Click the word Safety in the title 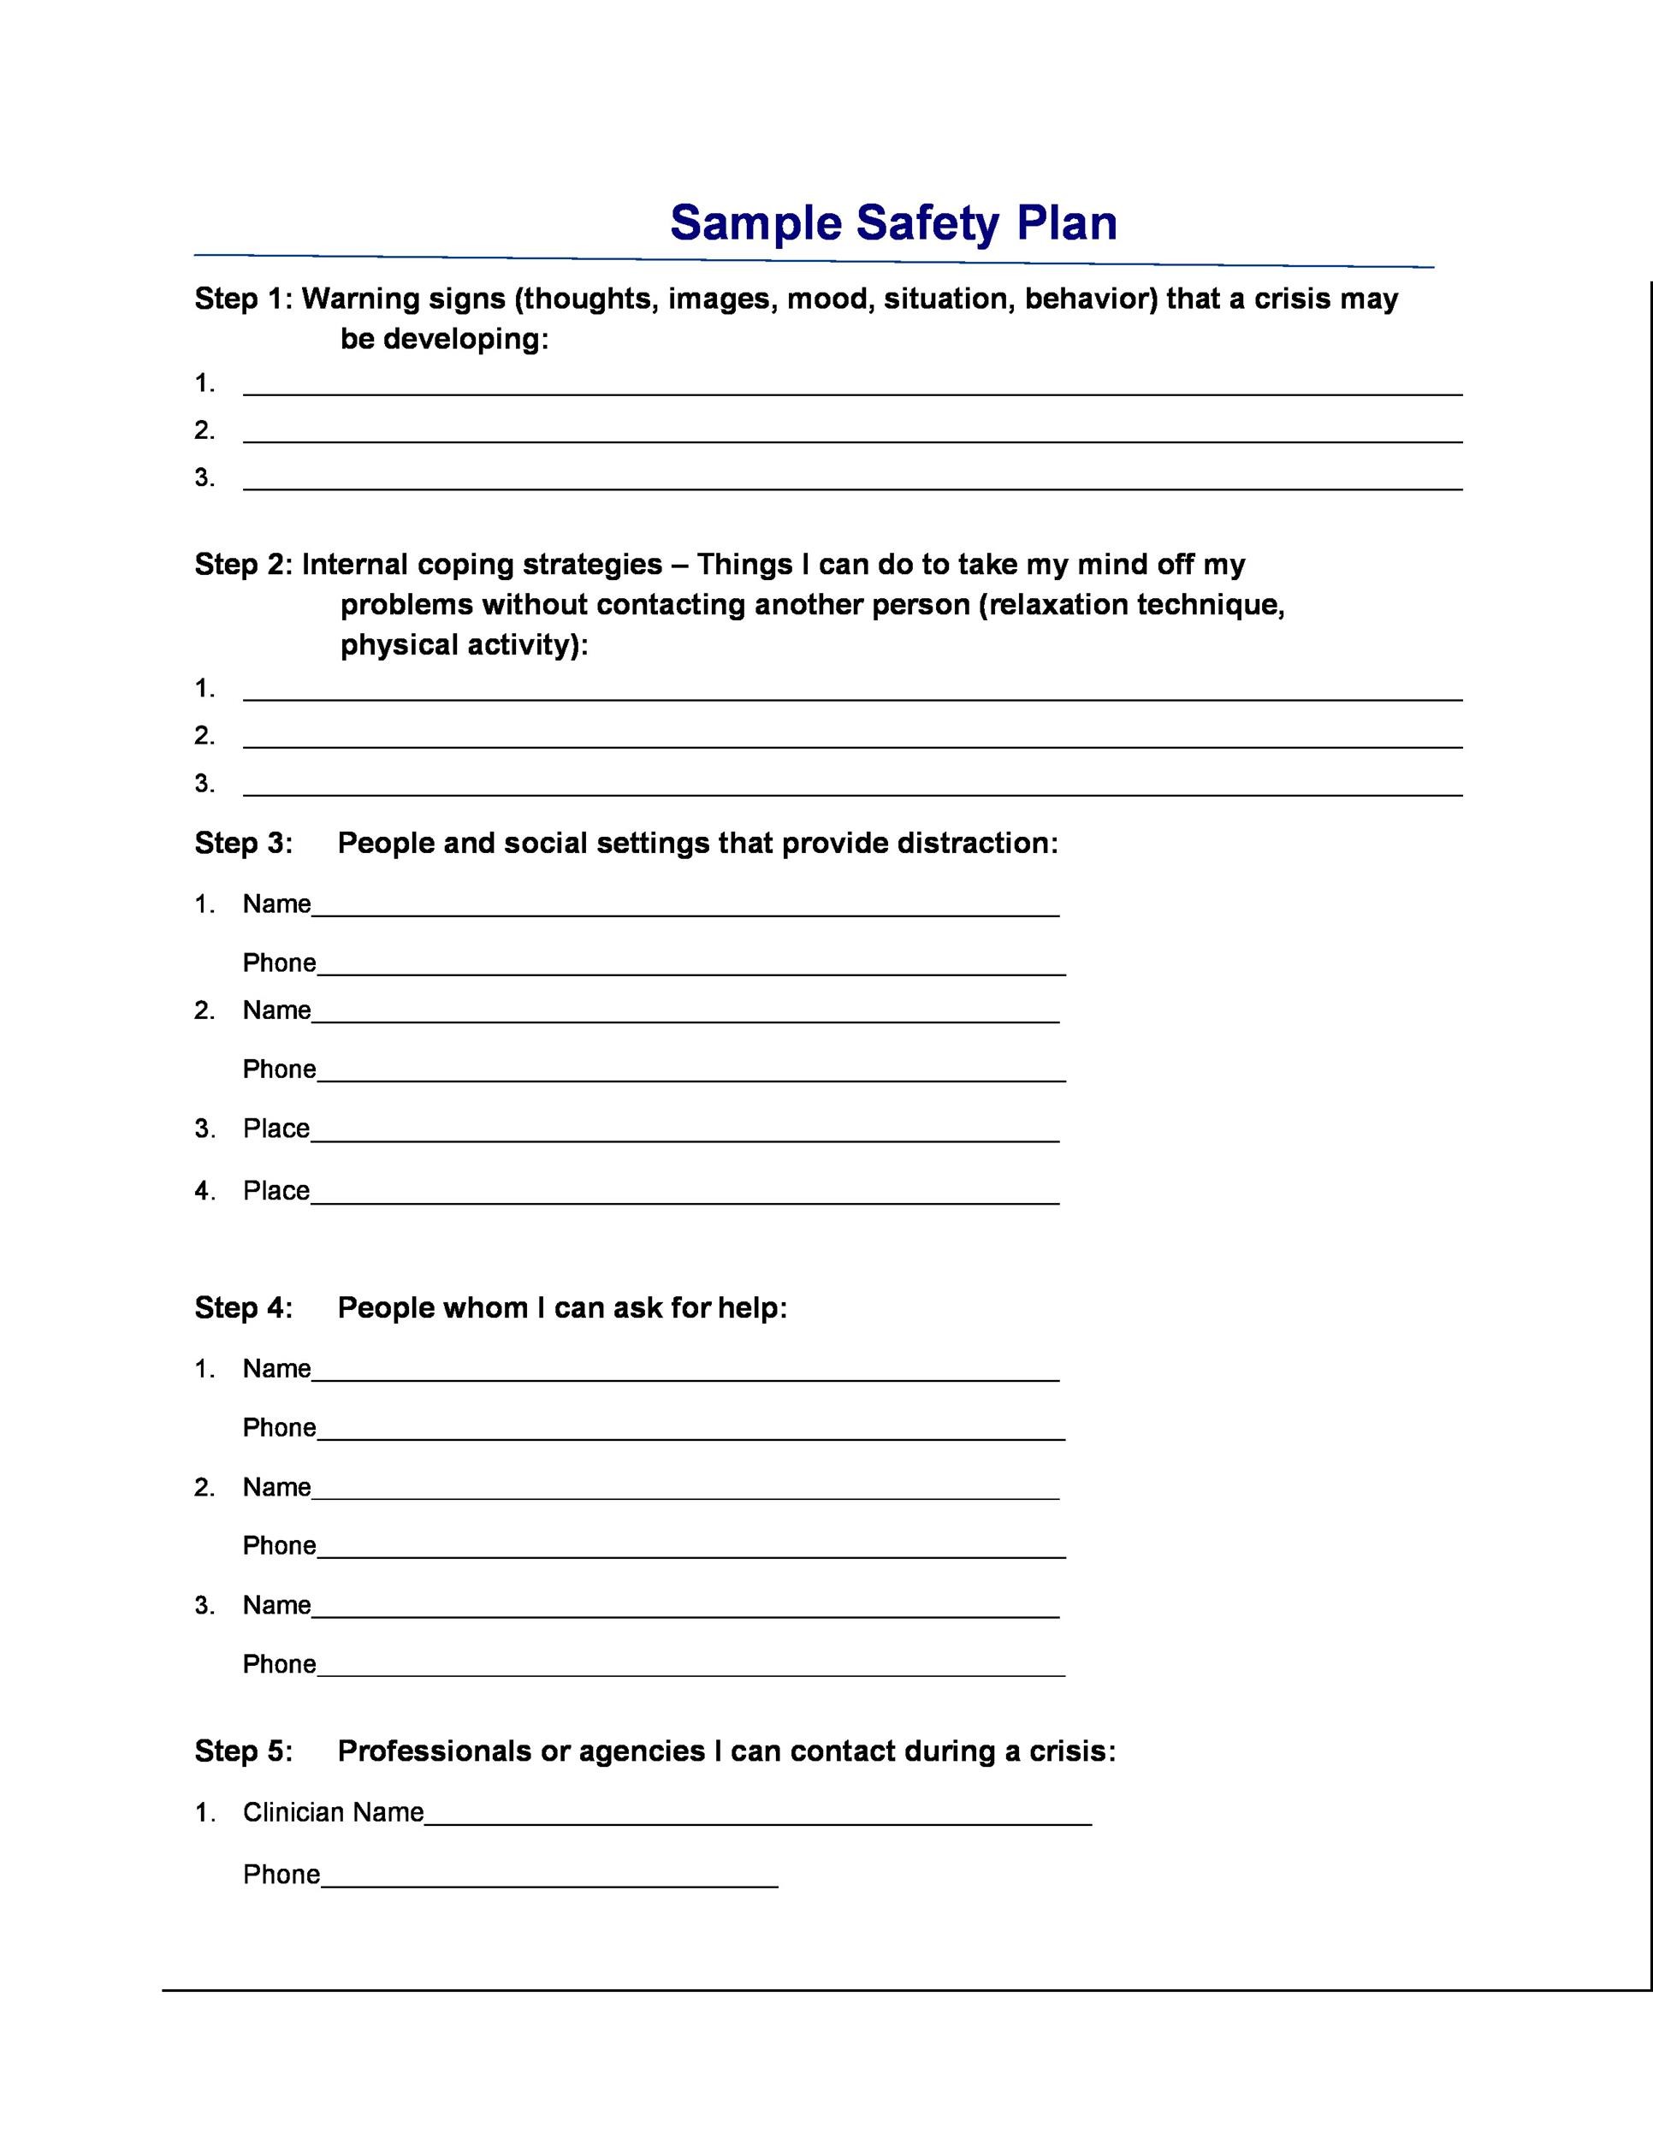[927, 223]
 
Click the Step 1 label [242, 299]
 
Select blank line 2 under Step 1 [852, 432]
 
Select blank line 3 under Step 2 [852, 785]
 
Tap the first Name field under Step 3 [685, 906]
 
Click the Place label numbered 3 [276, 1129]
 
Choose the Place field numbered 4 [685, 1193]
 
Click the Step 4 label [243, 1307]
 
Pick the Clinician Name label [333, 1812]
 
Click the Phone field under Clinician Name [548, 1875]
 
